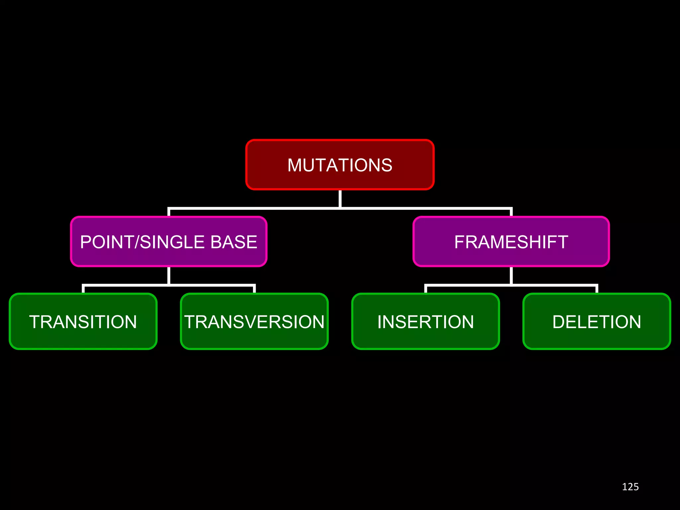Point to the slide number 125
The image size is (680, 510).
point(630,487)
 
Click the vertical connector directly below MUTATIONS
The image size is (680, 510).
point(340,198)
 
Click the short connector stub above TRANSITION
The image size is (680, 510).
point(83,289)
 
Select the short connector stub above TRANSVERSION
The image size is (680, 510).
point(254,289)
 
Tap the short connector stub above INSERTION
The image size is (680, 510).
point(426,289)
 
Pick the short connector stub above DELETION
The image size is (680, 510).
point(596,289)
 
